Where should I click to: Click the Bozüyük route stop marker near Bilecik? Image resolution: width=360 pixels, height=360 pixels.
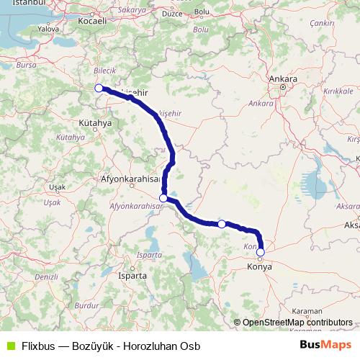coord(99,89)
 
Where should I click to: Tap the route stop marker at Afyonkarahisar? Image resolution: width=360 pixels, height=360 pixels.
coord(163,198)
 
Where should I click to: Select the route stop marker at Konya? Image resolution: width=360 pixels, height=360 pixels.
coord(260,252)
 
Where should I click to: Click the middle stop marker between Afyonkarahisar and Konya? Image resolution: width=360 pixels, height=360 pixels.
coord(222,225)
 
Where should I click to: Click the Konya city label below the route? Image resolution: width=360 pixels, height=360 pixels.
coord(260,267)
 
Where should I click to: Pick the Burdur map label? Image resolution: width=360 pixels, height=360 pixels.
coord(87,306)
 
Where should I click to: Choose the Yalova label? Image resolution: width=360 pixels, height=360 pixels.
coord(50,30)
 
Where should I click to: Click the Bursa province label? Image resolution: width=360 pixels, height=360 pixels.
coord(27,65)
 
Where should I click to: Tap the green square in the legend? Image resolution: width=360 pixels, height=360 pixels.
coord(9,345)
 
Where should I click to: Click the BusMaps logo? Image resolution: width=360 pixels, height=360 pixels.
coord(325,345)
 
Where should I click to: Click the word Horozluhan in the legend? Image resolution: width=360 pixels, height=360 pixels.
coord(146,345)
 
